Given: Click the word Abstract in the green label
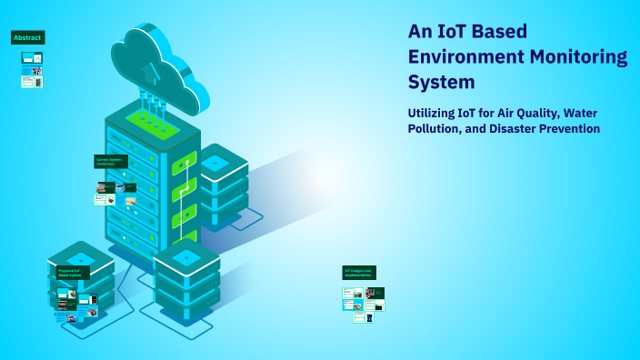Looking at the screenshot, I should [x=27, y=37].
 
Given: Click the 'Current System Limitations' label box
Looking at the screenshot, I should [x=111, y=161].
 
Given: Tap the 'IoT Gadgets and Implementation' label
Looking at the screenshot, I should [x=358, y=273].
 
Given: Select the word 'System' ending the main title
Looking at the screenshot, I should [x=441, y=82].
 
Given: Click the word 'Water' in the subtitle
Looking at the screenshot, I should [x=578, y=113].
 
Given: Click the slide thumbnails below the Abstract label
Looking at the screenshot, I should [x=32, y=69].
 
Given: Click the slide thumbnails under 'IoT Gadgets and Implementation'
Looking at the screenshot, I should [x=363, y=305].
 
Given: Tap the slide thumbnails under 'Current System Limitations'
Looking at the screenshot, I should [x=115, y=194].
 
